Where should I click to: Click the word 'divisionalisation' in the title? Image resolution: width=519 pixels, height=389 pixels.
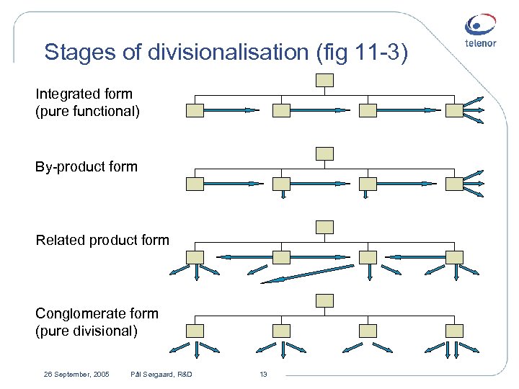click(x=226, y=52)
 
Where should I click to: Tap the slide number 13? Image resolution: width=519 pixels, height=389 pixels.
click(x=263, y=374)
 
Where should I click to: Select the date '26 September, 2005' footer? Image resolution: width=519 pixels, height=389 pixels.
click(x=76, y=374)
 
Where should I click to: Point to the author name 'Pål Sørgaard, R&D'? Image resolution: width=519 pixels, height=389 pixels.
click(x=161, y=374)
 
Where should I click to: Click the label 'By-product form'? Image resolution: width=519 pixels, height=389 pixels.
click(x=86, y=167)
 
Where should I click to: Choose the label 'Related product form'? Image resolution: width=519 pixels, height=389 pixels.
click(x=102, y=240)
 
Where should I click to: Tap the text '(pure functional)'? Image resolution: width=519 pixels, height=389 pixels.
click(x=88, y=112)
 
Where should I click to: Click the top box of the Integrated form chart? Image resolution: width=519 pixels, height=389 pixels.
click(x=325, y=80)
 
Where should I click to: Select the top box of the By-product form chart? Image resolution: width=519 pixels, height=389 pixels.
click(x=325, y=153)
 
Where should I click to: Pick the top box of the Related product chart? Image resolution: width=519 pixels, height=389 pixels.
click(x=325, y=227)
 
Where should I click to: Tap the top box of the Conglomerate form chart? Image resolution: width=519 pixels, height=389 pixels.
click(x=325, y=300)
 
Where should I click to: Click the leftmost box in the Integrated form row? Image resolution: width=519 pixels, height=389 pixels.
click(x=195, y=110)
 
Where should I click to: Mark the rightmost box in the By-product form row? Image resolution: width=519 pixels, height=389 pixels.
click(x=454, y=184)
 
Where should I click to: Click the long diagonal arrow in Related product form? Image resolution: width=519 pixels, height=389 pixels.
click(x=308, y=274)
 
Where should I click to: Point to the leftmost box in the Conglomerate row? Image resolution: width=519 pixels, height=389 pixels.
click(x=195, y=331)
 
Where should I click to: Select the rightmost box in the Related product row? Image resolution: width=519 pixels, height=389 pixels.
click(x=454, y=257)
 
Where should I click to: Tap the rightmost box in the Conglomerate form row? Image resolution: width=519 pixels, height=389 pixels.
click(x=454, y=331)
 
